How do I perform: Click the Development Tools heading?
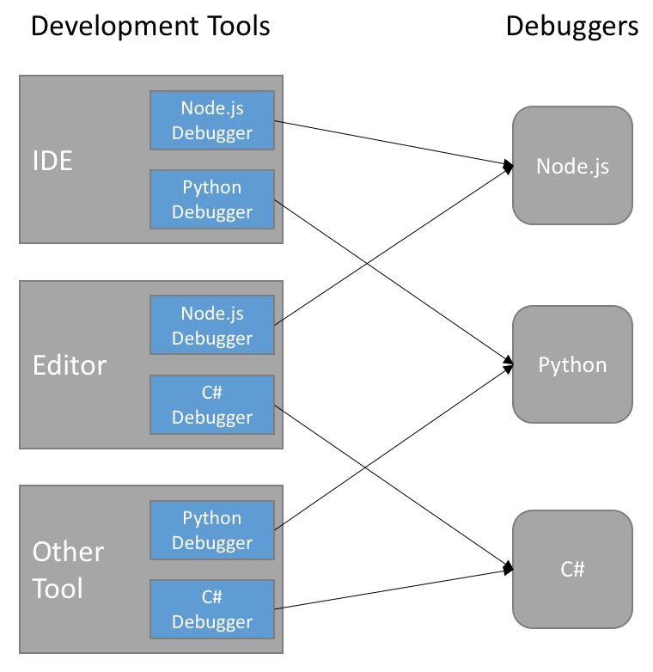click(150, 26)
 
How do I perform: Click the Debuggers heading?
click(571, 26)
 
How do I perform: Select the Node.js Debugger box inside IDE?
click(212, 120)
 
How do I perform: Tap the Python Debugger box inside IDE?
click(212, 199)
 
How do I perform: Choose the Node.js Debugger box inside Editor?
click(212, 326)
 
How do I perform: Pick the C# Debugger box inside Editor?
click(212, 405)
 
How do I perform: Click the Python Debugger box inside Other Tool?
click(212, 530)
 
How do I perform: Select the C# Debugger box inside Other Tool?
click(212, 609)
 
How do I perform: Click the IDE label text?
click(52, 161)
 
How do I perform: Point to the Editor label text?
click(70, 365)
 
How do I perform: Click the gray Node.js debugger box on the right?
click(572, 165)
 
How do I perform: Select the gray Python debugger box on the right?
click(572, 365)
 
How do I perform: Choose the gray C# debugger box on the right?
click(572, 569)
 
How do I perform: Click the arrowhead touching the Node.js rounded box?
click(509, 165)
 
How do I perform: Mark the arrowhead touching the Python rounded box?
click(509, 366)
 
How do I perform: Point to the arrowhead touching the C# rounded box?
click(509, 567)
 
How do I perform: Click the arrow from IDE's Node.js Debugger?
click(391, 142)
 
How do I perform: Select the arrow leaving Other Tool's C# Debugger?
click(391, 589)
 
